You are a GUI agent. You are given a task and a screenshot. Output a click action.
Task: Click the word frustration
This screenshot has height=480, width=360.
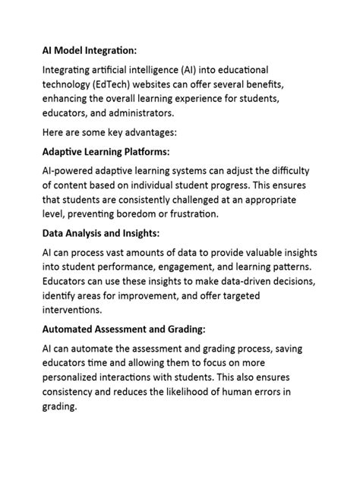point(193,213)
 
